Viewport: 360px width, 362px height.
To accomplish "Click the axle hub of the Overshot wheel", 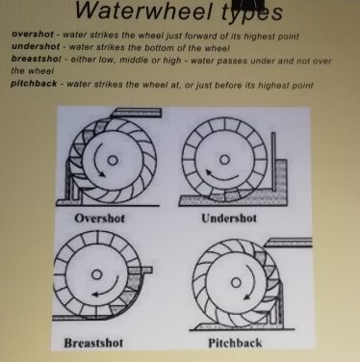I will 113,160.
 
